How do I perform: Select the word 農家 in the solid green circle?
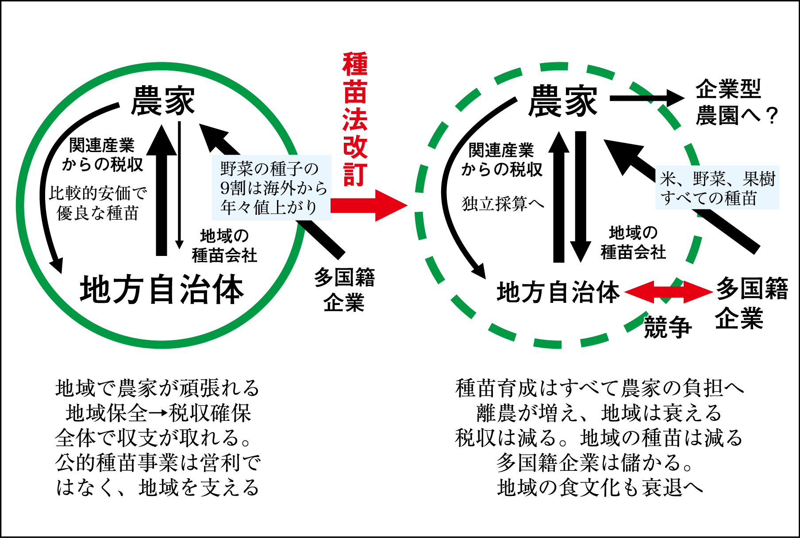point(163,101)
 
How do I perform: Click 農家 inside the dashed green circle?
point(562,102)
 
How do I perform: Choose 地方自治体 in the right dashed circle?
point(558,292)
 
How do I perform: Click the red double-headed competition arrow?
point(668,292)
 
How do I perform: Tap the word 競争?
point(667,328)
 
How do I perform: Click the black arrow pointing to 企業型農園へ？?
point(646,98)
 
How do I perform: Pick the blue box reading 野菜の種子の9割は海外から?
point(272,187)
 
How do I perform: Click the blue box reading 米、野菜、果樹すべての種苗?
point(717,188)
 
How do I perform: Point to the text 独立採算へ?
point(503,204)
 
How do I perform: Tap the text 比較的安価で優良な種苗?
point(97,203)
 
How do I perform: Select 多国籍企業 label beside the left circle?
point(344,290)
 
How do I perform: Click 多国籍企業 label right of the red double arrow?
point(751,302)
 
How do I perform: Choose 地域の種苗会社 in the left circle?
point(224,246)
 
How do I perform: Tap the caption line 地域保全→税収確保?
point(158,413)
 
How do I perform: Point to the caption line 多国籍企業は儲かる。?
point(595,463)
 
